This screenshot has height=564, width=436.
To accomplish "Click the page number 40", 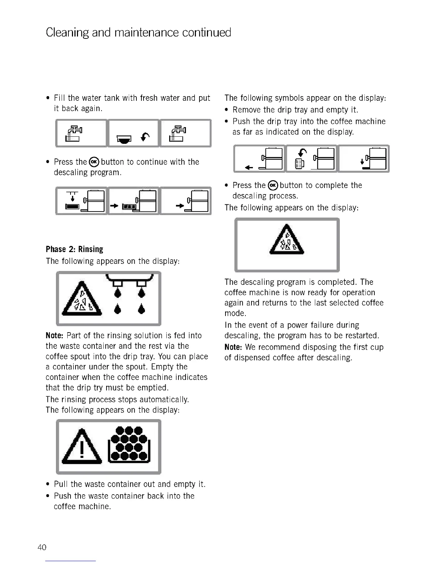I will pyautogui.click(x=42, y=547).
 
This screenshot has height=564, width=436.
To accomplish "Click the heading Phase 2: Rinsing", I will pyautogui.click(x=74, y=249).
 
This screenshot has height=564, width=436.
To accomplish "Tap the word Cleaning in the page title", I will pyautogui.click(x=67, y=33).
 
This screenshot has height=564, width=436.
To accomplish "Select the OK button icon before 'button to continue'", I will pyautogui.click(x=94, y=162).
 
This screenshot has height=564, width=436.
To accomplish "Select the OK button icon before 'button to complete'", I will pyautogui.click(x=273, y=185).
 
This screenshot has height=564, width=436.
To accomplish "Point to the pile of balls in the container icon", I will pyautogui.click(x=129, y=445).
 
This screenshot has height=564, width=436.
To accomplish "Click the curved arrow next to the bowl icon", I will pyautogui.click(x=145, y=136).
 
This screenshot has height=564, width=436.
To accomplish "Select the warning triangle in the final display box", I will pyautogui.click(x=287, y=240).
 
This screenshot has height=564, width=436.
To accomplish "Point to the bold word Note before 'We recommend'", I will pyautogui.click(x=233, y=347).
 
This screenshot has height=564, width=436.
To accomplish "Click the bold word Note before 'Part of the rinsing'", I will pyautogui.click(x=54, y=335).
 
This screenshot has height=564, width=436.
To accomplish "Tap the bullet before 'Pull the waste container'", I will pyautogui.click(x=48, y=485).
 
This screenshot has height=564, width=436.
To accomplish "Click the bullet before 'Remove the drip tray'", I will pyautogui.click(x=227, y=110).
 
